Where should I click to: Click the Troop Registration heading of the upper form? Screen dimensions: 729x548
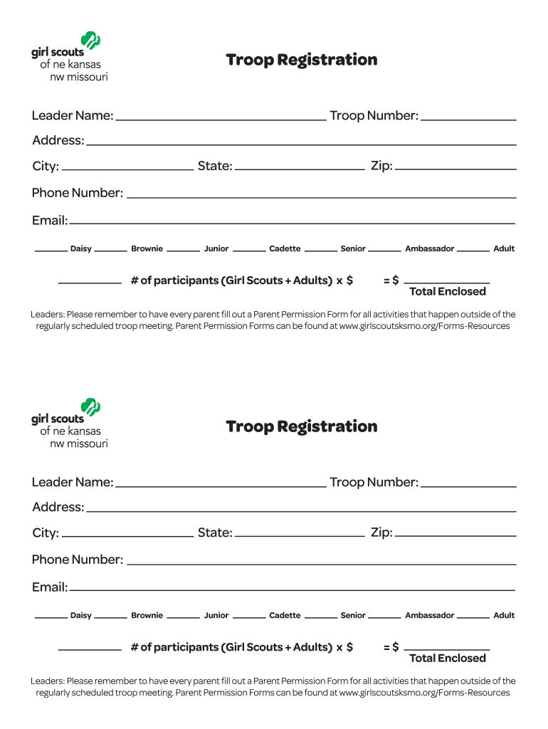pyautogui.click(x=301, y=60)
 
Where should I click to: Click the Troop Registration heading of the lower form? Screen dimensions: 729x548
pyautogui.click(x=301, y=426)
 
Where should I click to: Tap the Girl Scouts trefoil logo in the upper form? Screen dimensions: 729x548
pyautogui.click(x=90, y=41)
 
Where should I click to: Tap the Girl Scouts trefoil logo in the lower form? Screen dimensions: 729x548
pyautogui.click(x=90, y=407)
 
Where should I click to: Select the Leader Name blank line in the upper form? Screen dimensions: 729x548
pyautogui.click(x=221, y=119)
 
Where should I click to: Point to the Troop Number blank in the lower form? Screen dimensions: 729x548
pyautogui.click(x=468, y=486)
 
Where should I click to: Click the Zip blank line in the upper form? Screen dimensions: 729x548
pyautogui.click(x=455, y=169)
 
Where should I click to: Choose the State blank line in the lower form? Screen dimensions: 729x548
pyautogui.click(x=300, y=535)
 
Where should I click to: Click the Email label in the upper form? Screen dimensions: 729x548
pyautogui.click(x=49, y=221)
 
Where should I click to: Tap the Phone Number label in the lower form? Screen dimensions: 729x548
pyautogui.click(x=77, y=560)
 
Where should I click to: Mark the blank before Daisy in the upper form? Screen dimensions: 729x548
pyautogui.click(x=51, y=251)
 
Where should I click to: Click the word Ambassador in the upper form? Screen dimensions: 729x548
pyautogui.click(x=429, y=249)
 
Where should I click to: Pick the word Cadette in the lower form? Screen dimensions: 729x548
pyautogui.click(x=285, y=616)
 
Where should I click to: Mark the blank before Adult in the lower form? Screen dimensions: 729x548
pyautogui.click(x=473, y=617)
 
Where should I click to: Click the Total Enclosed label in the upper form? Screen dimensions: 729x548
pyautogui.click(x=448, y=292)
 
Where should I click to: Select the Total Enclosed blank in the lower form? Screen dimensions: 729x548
pyautogui.click(x=447, y=649)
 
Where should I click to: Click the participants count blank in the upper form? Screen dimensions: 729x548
pyautogui.click(x=90, y=283)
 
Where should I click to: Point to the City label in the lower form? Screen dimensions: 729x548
pyautogui.click(x=45, y=533)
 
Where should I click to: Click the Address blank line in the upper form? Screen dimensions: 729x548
pyautogui.click(x=301, y=144)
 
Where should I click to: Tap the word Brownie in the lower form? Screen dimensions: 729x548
pyautogui.click(x=147, y=616)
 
